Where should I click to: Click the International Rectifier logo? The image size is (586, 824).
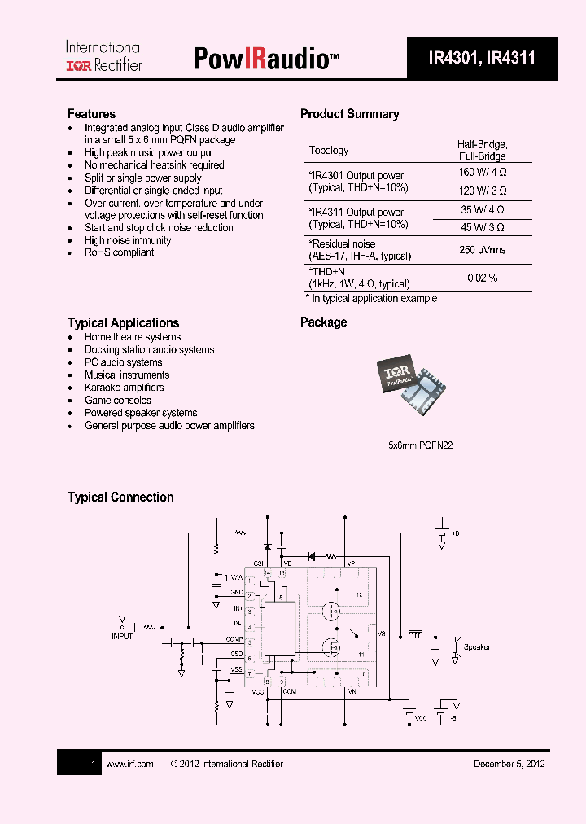(103, 56)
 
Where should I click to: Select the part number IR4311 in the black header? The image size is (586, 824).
(511, 58)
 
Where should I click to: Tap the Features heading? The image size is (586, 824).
(91, 114)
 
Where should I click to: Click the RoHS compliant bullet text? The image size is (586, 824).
(119, 252)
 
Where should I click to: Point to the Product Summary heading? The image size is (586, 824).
(349, 114)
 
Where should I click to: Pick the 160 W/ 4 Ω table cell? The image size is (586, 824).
(482, 172)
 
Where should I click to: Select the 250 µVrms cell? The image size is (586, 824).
(482, 250)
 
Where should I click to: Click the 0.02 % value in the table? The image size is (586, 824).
(482, 278)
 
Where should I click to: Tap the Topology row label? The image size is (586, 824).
(329, 150)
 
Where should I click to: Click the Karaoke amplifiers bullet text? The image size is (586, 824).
(124, 388)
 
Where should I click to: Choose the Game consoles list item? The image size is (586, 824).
(118, 401)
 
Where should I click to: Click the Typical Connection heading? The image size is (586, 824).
(120, 497)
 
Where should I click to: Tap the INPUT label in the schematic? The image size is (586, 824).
(122, 637)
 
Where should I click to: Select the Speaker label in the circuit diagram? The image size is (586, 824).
(477, 647)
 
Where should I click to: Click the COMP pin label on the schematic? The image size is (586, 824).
(234, 639)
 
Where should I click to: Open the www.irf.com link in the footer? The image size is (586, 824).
(129, 764)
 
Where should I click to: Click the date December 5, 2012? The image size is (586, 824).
(509, 764)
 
